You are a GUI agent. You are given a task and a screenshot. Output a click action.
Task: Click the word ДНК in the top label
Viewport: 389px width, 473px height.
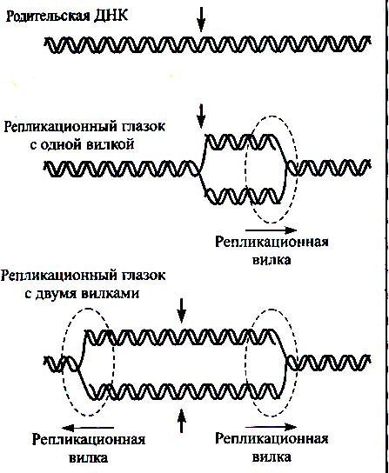(111, 15)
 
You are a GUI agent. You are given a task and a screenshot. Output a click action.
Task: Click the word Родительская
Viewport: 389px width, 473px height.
(48, 17)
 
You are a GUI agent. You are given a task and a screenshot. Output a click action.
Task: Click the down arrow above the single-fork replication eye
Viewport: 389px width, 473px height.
(201, 116)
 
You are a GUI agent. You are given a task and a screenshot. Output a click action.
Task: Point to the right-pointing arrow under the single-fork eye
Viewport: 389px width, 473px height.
(272, 230)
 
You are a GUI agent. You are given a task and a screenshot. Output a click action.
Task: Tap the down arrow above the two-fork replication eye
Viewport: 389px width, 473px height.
(181, 311)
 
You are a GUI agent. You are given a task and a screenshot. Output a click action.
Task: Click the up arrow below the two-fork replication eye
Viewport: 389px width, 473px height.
(181, 421)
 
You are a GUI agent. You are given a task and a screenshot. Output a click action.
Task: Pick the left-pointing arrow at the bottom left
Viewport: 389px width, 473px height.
(88, 427)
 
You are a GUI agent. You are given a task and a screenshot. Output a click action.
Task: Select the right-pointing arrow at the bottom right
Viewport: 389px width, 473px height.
(272, 427)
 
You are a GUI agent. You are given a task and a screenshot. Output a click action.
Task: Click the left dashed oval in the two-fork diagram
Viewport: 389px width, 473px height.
(63, 362)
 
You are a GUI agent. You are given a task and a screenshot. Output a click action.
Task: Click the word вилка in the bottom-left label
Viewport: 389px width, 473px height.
(89, 458)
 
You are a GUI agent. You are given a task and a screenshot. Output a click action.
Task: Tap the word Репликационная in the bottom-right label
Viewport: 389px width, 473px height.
(272, 439)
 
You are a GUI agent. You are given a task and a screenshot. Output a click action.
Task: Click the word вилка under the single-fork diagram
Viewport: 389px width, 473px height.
(272, 260)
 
